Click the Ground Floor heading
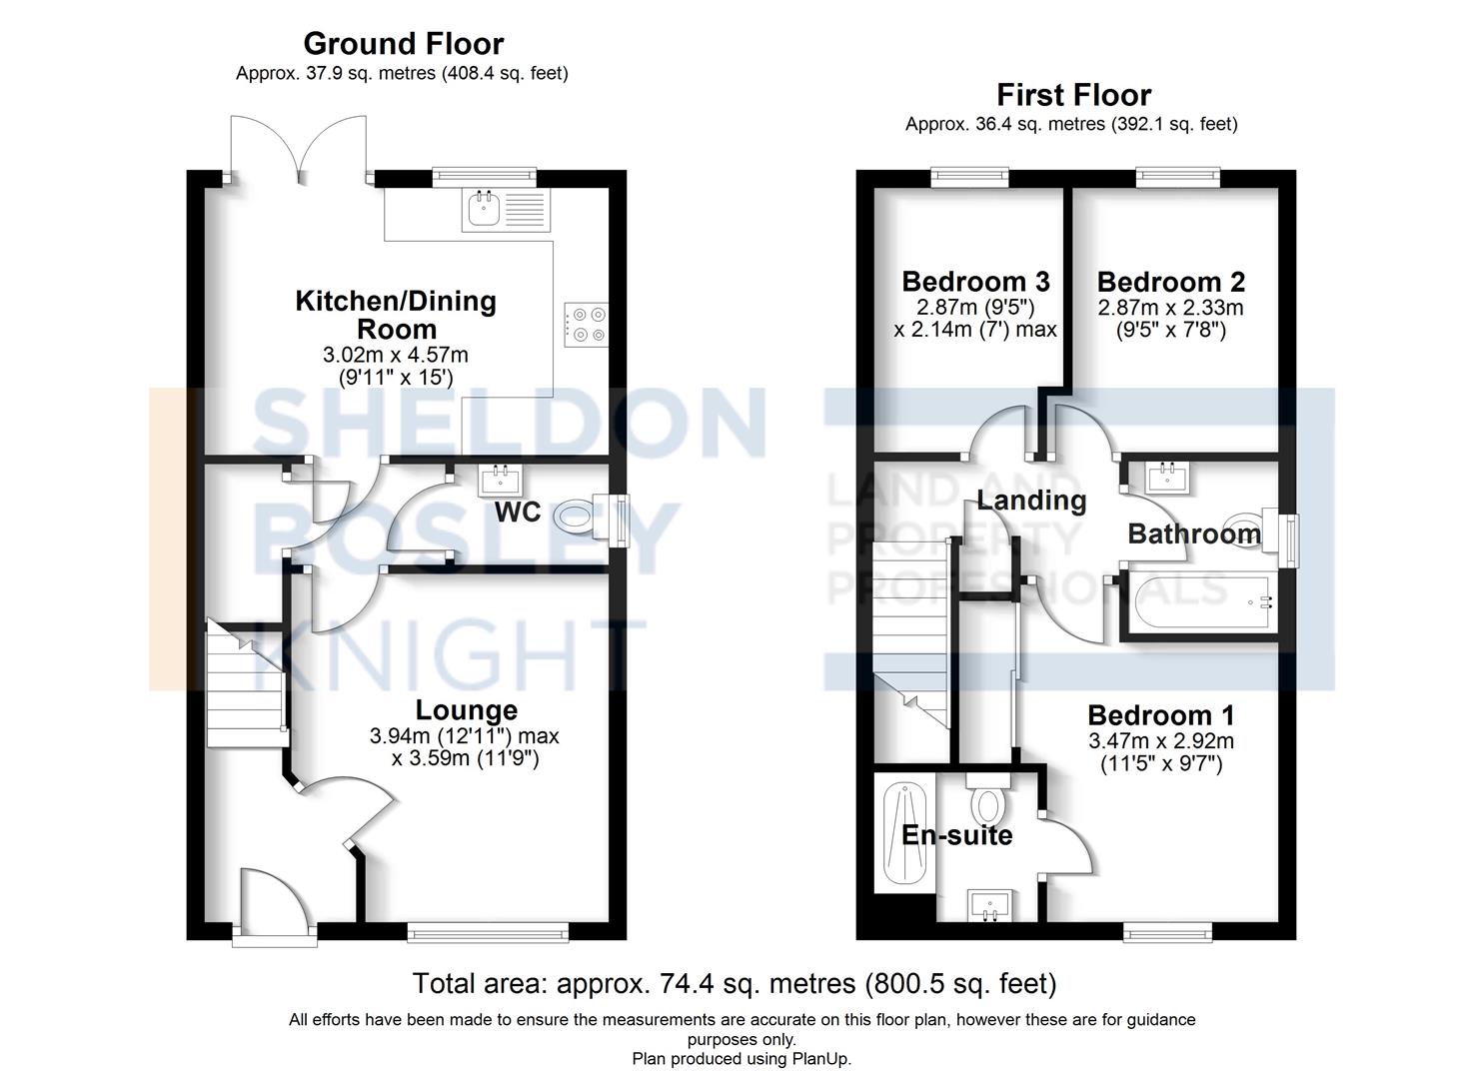(x=403, y=43)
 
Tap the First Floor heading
(x=1073, y=95)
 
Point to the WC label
(x=518, y=513)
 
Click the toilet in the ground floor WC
(x=577, y=517)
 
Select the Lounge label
(x=466, y=710)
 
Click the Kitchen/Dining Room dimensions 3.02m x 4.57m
(x=396, y=355)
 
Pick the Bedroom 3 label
(x=975, y=282)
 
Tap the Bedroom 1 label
(x=1160, y=715)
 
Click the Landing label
(x=1031, y=500)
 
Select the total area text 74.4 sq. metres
(x=735, y=984)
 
